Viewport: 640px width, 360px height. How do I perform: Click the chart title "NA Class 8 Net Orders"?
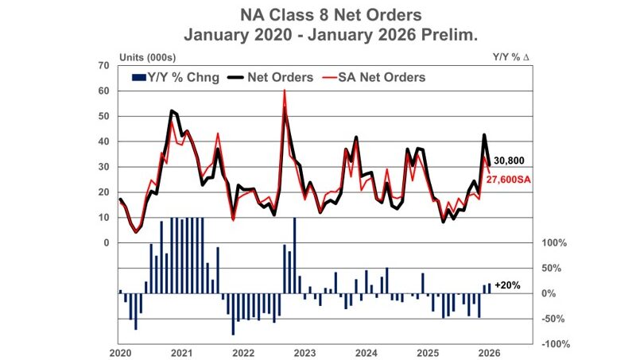pyautogui.click(x=320, y=14)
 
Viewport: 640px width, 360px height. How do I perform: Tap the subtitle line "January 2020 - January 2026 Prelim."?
pyautogui.click(x=320, y=35)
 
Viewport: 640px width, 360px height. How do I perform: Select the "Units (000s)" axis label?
pyautogui.click(x=147, y=57)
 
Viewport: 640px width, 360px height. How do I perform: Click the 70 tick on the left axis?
pyautogui.click(x=104, y=65)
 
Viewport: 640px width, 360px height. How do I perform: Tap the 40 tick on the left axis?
pyautogui.click(x=104, y=141)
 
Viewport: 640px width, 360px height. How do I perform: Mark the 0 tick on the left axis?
pyautogui.click(x=107, y=242)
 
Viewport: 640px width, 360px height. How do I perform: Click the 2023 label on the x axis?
pyautogui.click(x=304, y=352)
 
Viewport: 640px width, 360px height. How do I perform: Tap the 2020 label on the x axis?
pyautogui.click(x=120, y=352)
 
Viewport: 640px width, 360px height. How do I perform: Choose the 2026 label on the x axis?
pyautogui.click(x=488, y=352)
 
